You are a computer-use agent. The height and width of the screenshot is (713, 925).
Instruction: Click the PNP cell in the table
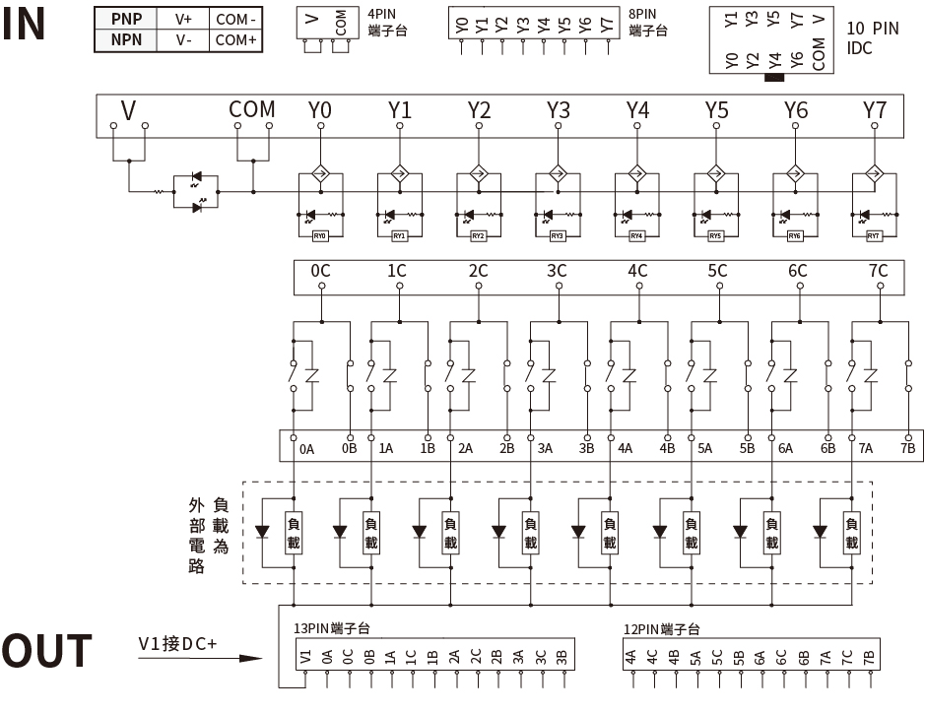click(x=126, y=19)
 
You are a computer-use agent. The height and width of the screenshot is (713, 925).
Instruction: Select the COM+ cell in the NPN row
click(x=236, y=40)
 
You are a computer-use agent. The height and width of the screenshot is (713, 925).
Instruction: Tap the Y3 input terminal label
click(x=559, y=109)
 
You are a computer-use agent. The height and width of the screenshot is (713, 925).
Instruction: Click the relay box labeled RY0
click(x=319, y=236)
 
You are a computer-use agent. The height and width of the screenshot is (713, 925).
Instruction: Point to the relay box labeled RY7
click(x=874, y=236)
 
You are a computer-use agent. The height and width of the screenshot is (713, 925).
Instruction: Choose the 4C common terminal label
click(x=637, y=270)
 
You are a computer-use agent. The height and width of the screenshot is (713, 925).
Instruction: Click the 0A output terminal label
click(x=307, y=449)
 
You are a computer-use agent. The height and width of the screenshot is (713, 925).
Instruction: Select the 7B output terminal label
click(x=907, y=449)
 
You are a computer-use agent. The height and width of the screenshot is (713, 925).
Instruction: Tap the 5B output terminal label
click(x=747, y=449)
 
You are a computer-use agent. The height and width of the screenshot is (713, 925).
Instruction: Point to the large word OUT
click(x=46, y=653)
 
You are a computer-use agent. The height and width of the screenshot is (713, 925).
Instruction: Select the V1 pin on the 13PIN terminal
click(x=305, y=658)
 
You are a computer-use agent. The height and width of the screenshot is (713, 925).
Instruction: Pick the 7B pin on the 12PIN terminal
click(x=868, y=658)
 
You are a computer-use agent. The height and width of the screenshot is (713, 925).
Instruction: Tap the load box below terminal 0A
click(x=293, y=533)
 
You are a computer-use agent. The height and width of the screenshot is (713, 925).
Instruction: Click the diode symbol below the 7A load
click(x=820, y=533)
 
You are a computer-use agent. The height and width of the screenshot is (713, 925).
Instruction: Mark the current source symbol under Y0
click(x=319, y=174)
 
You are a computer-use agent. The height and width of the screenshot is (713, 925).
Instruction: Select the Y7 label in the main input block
click(x=874, y=109)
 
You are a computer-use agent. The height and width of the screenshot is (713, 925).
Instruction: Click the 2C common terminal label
click(x=478, y=270)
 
